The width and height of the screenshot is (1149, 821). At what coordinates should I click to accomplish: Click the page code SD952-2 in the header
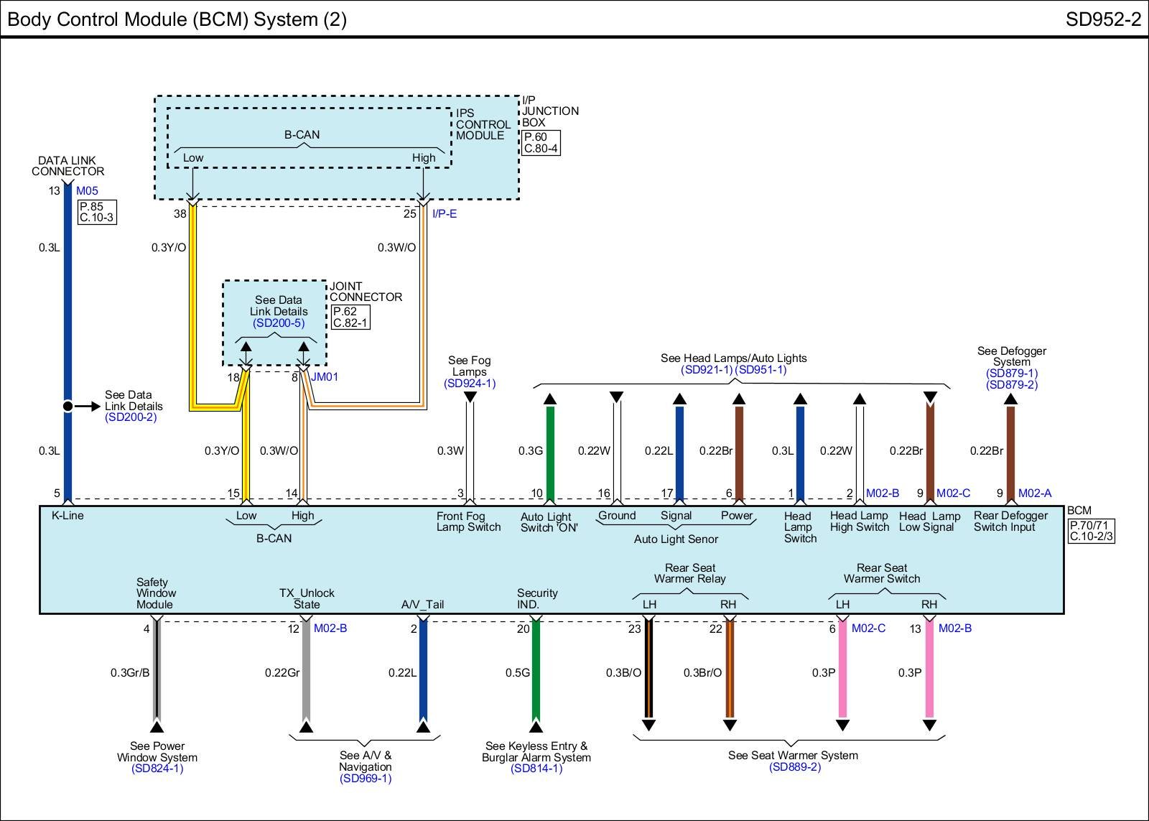(x=1102, y=19)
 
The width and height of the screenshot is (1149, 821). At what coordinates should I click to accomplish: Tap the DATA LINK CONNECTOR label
(x=68, y=166)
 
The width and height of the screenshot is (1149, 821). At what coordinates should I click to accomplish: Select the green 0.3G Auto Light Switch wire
(x=550, y=453)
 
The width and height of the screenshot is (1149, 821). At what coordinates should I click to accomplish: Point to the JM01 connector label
(x=325, y=376)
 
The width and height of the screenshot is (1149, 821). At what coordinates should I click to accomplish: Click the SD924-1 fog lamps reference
(x=470, y=384)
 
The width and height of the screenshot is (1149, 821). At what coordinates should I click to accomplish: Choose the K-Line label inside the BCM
(x=68, y=515)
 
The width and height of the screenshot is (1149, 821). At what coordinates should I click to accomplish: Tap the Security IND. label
(x=536, y=598)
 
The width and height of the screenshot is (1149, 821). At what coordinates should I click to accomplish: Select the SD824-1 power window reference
(x=157, y=769)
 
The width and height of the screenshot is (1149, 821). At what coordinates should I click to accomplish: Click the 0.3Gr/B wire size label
(x=130, y=673)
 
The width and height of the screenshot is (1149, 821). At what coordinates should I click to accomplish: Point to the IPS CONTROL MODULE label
(x=483, y=124)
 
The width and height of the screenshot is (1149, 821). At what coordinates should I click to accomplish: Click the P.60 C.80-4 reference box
(x=541, y=143)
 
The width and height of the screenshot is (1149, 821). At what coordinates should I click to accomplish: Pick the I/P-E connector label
(x=444, y=213)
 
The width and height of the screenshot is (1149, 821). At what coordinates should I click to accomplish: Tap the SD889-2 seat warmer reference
(x=794, y=766)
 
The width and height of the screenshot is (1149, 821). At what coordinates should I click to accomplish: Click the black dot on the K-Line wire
(x=68, y=407)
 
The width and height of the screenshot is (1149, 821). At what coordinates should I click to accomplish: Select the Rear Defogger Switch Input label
(x=1010, y=521)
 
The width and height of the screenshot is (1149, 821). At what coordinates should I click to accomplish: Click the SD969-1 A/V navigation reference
(x=366, y=778)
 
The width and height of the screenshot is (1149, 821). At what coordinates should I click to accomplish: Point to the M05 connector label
(x=87, y=191)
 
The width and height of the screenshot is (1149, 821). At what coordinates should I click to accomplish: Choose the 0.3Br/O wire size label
(x=702, y=673)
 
